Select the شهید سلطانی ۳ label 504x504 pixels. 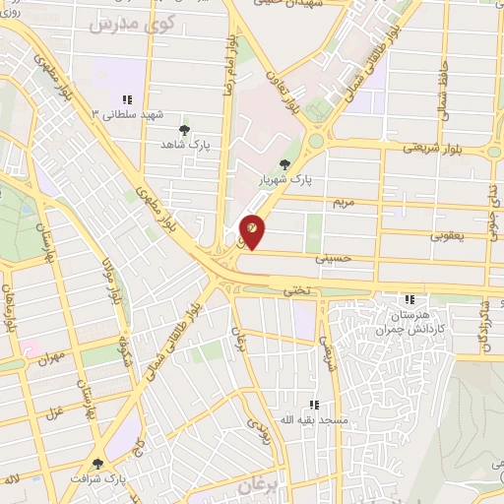(x=125, y=115)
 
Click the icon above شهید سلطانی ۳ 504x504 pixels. (x=126, y=99)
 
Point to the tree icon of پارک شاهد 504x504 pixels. (x=183, y=129)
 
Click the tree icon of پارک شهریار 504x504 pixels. (x=285, y=164)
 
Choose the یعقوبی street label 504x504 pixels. (x=448, y=236)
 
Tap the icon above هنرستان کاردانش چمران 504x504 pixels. (x=409, y=299)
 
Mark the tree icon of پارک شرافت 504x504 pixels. (x=96, y=463)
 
